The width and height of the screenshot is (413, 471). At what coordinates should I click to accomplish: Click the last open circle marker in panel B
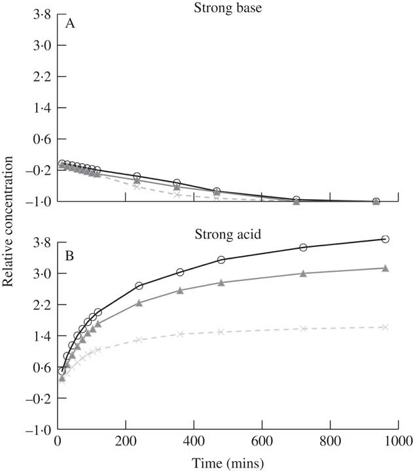(386, 239)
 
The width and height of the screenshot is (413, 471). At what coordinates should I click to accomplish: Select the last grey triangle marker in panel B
(386, 268)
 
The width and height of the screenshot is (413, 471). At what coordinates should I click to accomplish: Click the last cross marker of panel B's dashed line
(386, 327)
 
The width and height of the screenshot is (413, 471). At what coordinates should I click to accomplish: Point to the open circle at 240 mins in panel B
(139, 286)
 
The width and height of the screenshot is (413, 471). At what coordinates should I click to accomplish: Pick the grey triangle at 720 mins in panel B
(303, 273)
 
